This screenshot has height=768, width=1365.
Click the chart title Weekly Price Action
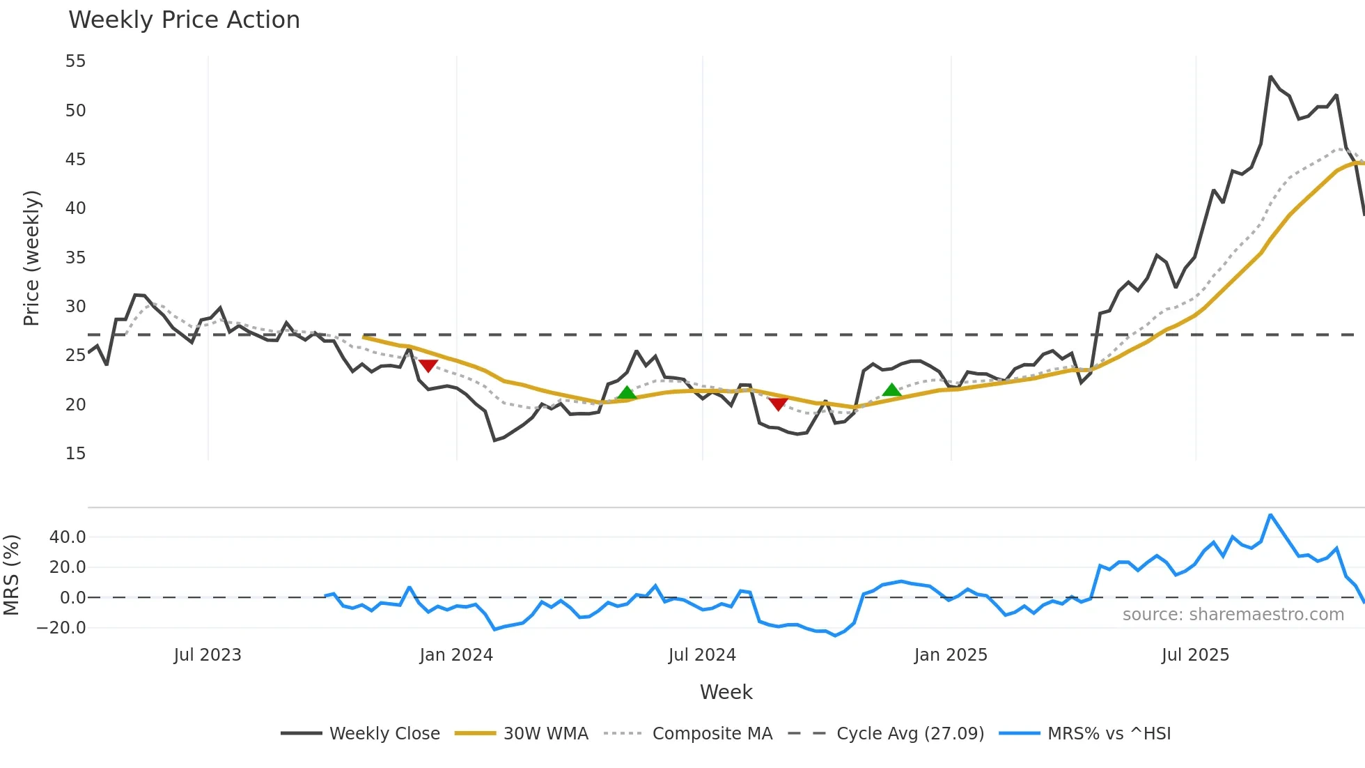184,20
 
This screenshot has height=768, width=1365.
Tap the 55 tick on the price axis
75,61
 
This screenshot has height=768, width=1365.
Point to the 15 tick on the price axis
75,454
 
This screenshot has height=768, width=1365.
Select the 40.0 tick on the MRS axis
68,537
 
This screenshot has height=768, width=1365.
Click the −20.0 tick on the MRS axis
61,628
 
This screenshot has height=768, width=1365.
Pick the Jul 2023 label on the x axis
208,655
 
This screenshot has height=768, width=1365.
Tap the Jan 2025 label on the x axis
951,655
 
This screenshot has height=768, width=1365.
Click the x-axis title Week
726,692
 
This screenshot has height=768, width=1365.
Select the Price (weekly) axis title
32,258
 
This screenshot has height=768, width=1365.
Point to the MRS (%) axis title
11,575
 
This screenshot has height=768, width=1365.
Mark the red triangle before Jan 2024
428,366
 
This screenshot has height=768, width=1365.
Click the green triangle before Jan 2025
891,390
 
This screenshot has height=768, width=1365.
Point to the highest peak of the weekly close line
1270,77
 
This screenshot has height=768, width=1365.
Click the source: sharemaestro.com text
1233,615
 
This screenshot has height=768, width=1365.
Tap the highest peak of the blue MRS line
1270,515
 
